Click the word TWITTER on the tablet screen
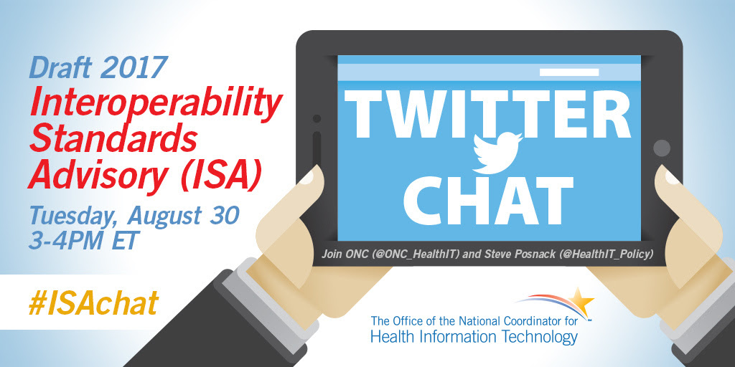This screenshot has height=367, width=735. (x=487, y=114)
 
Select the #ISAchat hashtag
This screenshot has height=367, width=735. (x=93, y=303)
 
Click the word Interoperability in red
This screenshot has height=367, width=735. (x=156, y=105)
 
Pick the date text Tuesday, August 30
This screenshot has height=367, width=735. (x=134, y=215)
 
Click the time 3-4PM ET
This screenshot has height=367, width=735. (x=83, y=242)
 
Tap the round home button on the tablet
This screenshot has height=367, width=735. (x=661, y=148)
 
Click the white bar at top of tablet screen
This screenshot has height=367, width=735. (x=569, y=72)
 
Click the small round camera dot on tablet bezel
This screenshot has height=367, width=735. (x=317, y=118)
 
